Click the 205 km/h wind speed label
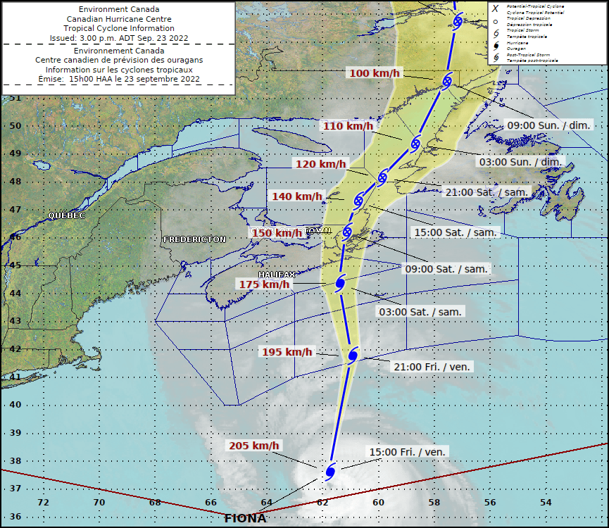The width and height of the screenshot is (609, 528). [253, 446]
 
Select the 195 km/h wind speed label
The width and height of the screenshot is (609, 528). [287, 352]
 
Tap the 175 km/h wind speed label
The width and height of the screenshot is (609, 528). [264, 284]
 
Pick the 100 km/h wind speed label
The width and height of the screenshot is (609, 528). [374, 73]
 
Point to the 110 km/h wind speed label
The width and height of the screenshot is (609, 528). [347, 126]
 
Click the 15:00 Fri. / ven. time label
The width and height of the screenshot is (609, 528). [408, 452]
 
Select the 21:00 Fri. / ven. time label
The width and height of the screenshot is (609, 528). [432, 366]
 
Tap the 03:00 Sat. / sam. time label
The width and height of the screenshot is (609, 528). [420, 311]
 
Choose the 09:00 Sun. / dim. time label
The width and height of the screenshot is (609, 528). [549, 125]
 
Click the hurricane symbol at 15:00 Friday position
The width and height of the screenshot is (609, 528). [330, 470]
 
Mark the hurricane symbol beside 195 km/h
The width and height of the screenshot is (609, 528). [353, 353]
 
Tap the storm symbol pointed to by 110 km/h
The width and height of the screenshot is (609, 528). [415, 144]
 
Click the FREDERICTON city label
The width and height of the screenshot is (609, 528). [194, 239]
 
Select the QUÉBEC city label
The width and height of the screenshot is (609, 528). [66, 215]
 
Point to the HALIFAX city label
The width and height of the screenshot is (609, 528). [277, 274]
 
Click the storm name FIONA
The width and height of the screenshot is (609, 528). [245, 519]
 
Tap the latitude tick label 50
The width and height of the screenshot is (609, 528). [15, 126]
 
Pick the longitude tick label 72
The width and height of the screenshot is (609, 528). [43, 502]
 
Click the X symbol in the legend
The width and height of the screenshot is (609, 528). [496, 8]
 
